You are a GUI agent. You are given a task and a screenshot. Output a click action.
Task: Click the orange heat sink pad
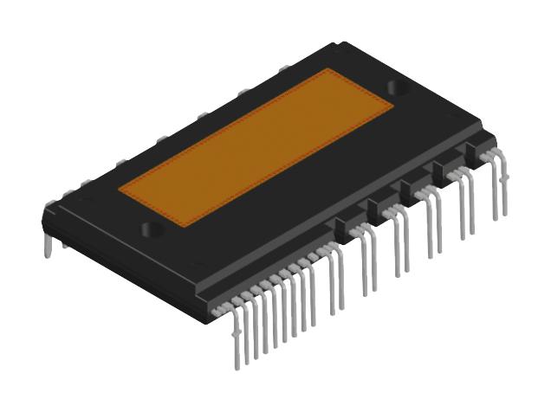click(256, 147)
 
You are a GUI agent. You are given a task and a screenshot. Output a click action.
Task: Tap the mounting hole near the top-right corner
click(399, 87)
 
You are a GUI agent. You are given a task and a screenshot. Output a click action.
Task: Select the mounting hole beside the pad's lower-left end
click(152, 230)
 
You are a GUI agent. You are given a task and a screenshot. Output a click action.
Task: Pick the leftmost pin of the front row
click(237, 342)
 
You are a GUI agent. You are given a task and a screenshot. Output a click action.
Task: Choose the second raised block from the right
click(445, 171)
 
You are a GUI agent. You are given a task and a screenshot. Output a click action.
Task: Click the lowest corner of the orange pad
click(184, 228)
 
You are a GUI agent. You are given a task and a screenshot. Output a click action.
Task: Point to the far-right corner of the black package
click(496, 138)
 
